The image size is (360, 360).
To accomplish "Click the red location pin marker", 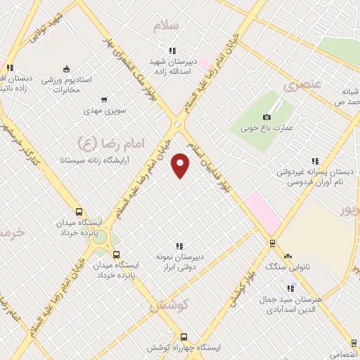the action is pos(181,165).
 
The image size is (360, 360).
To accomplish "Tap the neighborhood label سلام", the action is pos(167,25).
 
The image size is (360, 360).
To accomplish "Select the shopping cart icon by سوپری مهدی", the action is pos(104,100).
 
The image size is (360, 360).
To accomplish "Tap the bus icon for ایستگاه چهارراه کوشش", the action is pos(184,337).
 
